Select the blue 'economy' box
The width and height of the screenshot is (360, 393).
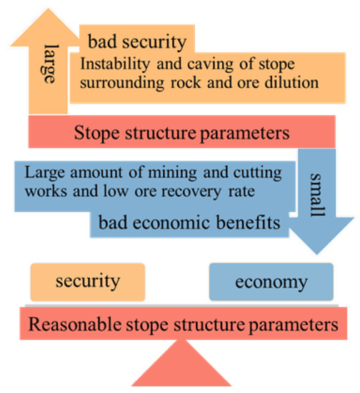point(271,282)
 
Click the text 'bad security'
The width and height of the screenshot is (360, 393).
point(136,40)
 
